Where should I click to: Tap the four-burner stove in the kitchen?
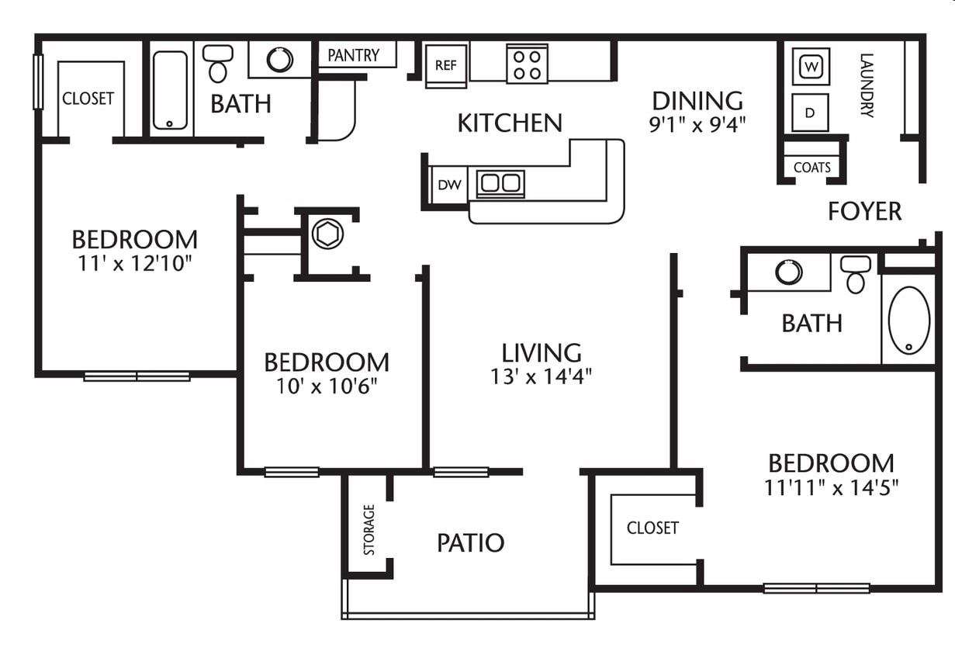(527, 64)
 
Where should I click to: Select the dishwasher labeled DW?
(448, 185)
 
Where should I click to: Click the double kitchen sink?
(500, 183)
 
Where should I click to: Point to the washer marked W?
(811, 67)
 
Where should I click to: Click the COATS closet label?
(811, 167)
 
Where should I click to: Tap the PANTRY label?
(353, 55)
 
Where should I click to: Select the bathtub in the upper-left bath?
(169, 89)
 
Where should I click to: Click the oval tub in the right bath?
(908, 321)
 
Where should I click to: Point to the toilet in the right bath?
(855, 273)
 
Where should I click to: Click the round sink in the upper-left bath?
(279, 60)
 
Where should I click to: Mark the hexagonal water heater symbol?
(327, 234)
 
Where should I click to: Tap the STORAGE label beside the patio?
(369, 529)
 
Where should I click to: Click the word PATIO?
(470, 542)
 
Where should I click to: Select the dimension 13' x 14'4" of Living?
(542, 376)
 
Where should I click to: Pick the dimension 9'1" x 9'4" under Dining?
(697, 124)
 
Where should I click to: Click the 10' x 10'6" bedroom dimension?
(326, 386)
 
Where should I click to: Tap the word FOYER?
(864, 211)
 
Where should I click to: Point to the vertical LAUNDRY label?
(867, 85)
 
